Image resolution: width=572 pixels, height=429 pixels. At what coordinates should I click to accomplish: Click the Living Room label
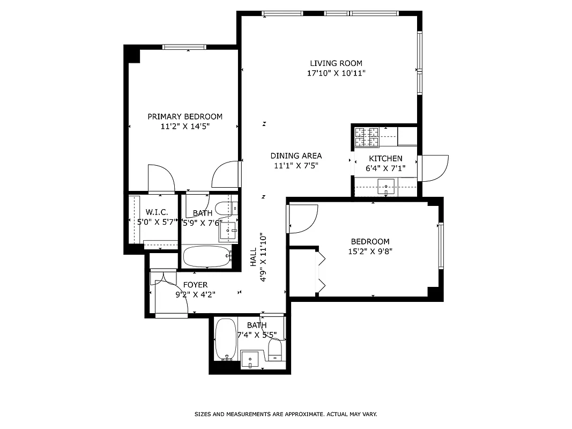point(336,63)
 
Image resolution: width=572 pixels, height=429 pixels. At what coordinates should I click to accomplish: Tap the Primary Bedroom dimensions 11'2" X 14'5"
point(184,127)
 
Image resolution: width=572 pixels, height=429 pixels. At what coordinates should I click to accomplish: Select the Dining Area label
point(296,156)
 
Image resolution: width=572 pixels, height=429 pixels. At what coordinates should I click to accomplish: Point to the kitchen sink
point(385,188)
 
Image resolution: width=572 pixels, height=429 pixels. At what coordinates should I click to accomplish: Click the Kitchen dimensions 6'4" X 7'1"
point(385,168)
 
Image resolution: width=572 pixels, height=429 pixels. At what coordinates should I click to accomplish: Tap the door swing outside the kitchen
point(434,168)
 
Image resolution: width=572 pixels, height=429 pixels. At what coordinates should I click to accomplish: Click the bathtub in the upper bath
point(206,256)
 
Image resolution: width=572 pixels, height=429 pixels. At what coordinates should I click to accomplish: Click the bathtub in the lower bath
point(225,339)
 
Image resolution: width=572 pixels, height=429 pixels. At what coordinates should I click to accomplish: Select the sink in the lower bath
point(250,359)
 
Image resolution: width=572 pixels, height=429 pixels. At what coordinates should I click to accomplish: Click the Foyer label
point(195,285)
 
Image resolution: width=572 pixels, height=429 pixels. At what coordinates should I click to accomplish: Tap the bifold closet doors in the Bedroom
point(322,271)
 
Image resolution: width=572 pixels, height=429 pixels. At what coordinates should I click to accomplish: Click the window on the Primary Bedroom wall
point(184,47)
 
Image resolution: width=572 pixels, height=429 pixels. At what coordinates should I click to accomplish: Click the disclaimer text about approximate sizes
point(285,414)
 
